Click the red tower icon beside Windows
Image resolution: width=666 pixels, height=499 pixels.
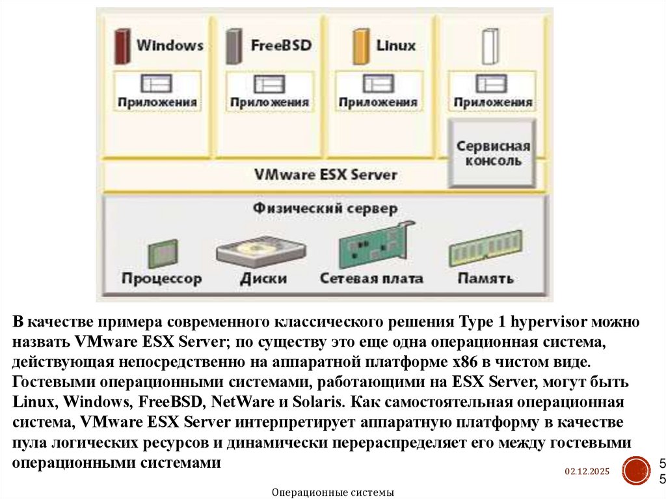[120, 46]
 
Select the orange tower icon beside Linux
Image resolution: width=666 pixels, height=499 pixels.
[359, 46]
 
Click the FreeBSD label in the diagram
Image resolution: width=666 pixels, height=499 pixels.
[281, 46]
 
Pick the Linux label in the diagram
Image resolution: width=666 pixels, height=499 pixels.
[395, 46]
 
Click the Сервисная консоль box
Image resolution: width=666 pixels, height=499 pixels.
[492, 153]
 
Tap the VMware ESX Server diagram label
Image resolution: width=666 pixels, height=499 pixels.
[325, 175]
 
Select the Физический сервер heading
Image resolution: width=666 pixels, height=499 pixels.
[325, 209]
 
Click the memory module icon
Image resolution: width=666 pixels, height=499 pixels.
[481, 250]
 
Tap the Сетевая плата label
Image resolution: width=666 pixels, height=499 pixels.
[371, 278]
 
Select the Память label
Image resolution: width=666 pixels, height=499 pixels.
[485, 278]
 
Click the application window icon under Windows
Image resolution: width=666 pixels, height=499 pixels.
[156, 83]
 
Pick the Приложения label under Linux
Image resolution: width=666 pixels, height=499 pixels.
[378, 102]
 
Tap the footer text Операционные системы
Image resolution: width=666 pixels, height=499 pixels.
[332, 492]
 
